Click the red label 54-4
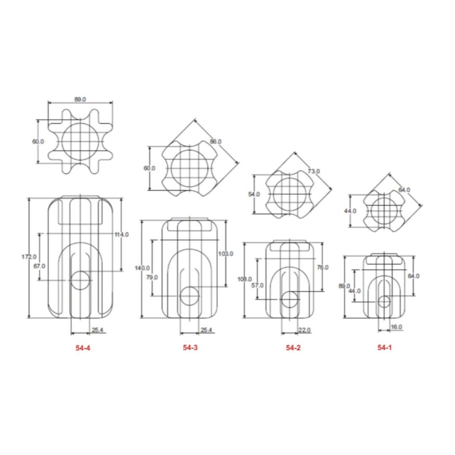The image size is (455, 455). (x=83, y=348)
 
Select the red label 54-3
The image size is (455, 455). (x=190, y=347)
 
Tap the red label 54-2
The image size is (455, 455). (x=293, y=348)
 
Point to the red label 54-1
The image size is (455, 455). (x=385, y=347)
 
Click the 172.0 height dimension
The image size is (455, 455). (x=29, y=257)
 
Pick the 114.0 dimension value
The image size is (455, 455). (x=122, y=235)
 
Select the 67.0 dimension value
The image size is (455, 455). (x=39, y=266)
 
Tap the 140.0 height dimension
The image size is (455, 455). (x=142, y=268)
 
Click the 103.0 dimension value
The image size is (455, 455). (x=226, y=254)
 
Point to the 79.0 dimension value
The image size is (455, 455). (x=152, y=277)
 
